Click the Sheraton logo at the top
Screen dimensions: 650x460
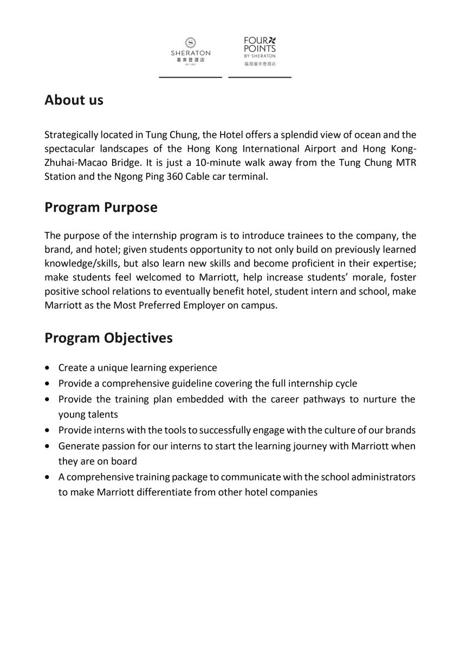191,50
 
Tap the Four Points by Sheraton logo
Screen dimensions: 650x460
260,50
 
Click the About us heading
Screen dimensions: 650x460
74,100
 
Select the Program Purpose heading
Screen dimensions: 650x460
101,207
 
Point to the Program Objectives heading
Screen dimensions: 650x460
108,337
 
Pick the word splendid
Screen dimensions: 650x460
292,134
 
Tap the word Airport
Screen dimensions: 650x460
324,148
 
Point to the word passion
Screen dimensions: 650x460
116,446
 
